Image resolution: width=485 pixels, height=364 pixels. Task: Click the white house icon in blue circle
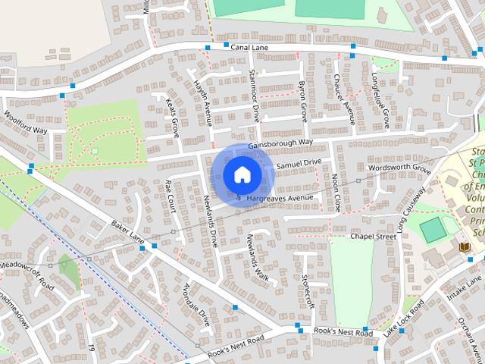pyautogui.click(x=241, y=174)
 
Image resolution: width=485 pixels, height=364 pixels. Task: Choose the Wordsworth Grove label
pyautogui.click(x=398, y=168)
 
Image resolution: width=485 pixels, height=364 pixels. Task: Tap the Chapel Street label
pyautogui.click(x=373, y=237)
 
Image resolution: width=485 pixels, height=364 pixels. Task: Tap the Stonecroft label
pyautogui.click(x=307, y=292)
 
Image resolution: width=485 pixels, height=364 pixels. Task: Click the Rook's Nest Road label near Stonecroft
pyautogui.click(x=345, y=333)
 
